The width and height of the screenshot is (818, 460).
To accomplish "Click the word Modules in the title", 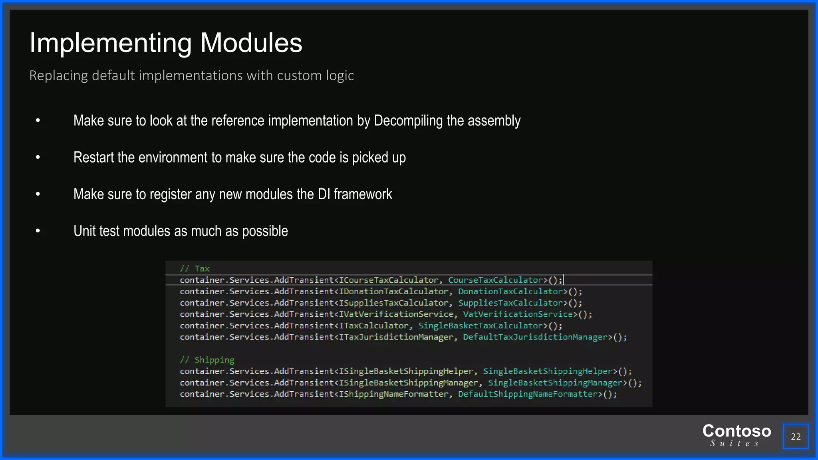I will pyautogui.click(x=251, y=43).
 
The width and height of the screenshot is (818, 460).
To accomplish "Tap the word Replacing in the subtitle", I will pyautogui.click(x=58, y=75).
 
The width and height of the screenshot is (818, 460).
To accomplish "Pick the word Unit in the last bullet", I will pyautogui.click(x=84, y=231).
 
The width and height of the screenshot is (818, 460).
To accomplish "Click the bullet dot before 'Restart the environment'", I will pyautogui.click(x=38, y=157).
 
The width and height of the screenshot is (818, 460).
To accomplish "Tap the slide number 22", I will pyautogui.click(x=795, y=436).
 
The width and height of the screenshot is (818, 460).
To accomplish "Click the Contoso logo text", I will pyautogui.click(x=737, y=431).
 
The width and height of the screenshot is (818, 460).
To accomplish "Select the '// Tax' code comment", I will pyautogui.click(x=195, y=269).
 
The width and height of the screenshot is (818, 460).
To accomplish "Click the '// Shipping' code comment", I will pyautogui.click(x=207, y=360).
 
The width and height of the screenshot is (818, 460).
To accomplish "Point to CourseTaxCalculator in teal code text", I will pyautogui.click(x=495, y=280).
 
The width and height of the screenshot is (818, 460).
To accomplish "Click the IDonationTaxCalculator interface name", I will pyautogui.click(x=393, y=291).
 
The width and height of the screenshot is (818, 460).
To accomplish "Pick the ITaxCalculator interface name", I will pyautogui.click(x=373, y=326).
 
